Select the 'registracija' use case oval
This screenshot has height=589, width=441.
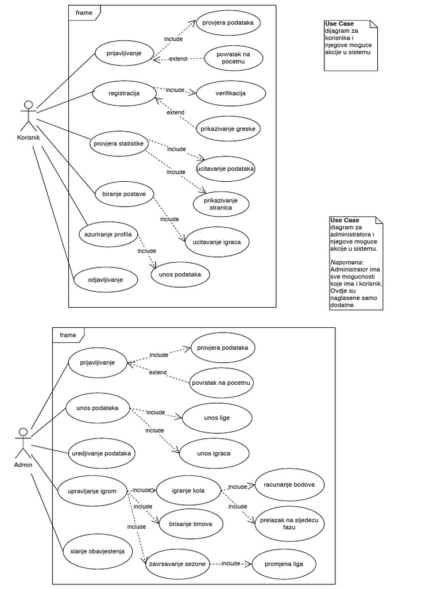click(x=124, y=93)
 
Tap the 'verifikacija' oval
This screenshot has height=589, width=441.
click(x=230, y=93)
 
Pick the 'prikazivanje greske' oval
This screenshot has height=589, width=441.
click(x=228, y=129)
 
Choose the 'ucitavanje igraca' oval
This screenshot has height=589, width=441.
click(x=216, y=243)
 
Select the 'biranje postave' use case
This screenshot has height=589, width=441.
click(x=120, y=194)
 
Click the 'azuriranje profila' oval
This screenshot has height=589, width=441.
click(x=108, y=235)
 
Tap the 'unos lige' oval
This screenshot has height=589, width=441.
click(x=216, y=418)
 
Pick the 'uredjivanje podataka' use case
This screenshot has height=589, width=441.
click(x=101, y=453)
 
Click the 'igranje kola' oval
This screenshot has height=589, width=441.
click(x=188, y=491)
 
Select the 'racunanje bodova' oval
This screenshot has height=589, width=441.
click(x=289, y=484)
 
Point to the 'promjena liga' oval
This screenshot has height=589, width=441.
click(x=284, y=564)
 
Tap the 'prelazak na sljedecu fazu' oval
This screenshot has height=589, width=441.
click(x=289, y=523)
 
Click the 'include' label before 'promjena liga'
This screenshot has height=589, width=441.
click(x=231, y=564)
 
